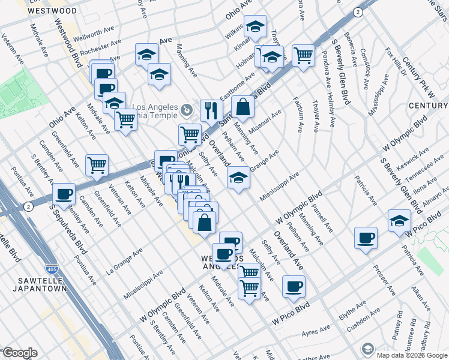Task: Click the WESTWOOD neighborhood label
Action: point(52,11)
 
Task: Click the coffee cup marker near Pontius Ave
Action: point(64,194)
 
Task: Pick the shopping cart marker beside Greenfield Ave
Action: point(97,165)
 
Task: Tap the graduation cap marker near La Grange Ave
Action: point(238,178)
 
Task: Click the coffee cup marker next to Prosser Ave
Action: point(366,238)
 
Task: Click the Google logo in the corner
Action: point(20,353)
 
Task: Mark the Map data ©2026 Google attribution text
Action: point(412,355)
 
